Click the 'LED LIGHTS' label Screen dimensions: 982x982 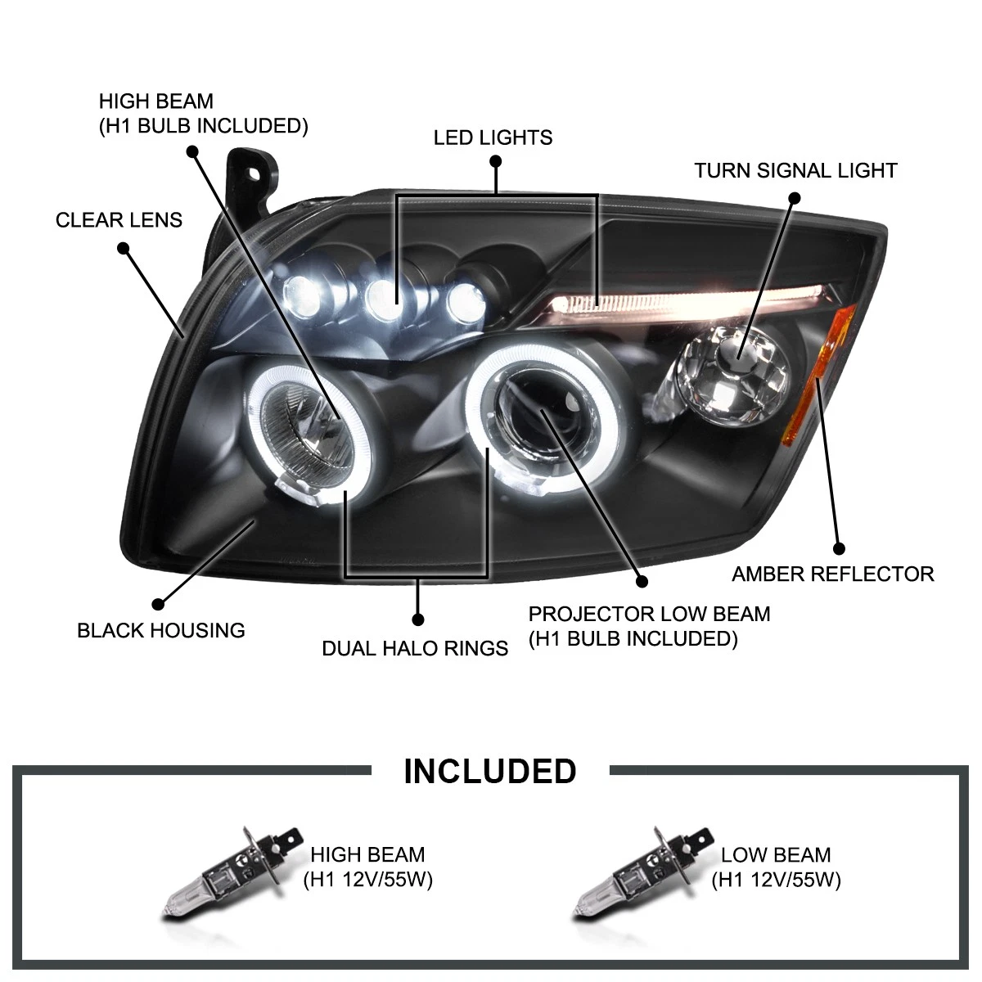pyautogui.click(x=493, y=137)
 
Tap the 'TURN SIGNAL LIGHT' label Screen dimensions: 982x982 pyautogui.click(x=795, y=170)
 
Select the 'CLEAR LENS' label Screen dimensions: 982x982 pyautogui.click(x=119, y=219)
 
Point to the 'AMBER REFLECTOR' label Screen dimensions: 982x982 pyautogui.click(x=832, y=574)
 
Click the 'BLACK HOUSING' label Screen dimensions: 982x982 pyautogui.click(x=160, y=630)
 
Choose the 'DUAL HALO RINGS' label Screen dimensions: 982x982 pyautogui.click(x=415, y=648)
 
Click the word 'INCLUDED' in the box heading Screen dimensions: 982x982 pyautogui.click(x=490, y=771)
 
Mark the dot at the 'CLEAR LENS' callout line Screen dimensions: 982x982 pyautogui.click(x=124, y=247)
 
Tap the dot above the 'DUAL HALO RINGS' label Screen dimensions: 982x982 pyautogui.click(x=418, y=619)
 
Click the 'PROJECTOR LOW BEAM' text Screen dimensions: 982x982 pyautogui.click(x=649, y=614)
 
